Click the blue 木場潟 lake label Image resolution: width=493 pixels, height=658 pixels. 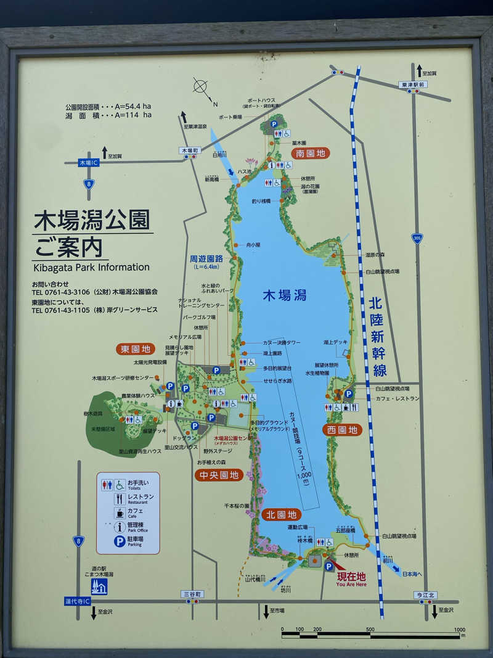tap(284, 295)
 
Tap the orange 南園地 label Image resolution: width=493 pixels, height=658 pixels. tap(311, 154)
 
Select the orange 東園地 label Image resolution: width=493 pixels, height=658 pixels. tap(136, 349)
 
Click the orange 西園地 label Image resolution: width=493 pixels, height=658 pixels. tap(341, 430)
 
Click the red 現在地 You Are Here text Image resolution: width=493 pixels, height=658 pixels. tap(351, 579)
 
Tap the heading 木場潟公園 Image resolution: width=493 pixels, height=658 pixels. tap(92, 220)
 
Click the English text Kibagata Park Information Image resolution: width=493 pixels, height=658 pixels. tap(91, 267)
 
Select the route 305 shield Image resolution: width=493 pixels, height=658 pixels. tap(417, 239)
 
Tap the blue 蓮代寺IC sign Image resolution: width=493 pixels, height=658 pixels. tap(78, 601)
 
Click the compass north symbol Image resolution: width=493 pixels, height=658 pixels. tap(202, 87)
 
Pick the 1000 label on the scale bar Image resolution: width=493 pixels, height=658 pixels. tap(459, 630)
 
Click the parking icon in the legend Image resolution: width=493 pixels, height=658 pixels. tap(120, 541)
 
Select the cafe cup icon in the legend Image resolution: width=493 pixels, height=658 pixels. tap(120, 512)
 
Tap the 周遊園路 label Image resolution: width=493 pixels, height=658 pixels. tap(206, 260)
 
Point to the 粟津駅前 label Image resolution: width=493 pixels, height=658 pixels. tap(412, 84)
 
